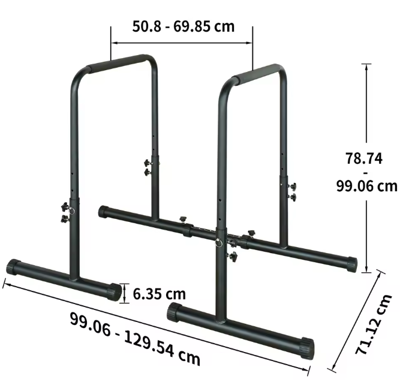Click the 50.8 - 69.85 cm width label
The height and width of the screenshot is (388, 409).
tap(182, 26)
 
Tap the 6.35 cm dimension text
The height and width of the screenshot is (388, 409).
tap(159, 294)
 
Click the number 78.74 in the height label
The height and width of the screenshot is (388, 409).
tap(363, 159)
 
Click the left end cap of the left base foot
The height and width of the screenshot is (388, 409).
tap(13, 266)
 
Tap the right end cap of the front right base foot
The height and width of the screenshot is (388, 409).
tap(306, 348)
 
